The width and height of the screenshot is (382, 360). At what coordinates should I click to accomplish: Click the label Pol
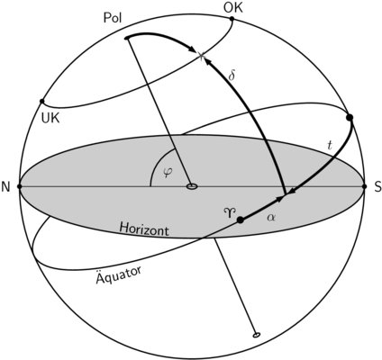tap(113, 18)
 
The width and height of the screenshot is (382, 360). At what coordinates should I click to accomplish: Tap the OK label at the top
tap(233, 8)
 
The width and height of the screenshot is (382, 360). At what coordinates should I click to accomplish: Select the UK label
tap(50, 119)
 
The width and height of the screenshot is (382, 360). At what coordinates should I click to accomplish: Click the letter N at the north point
tap(5, 187)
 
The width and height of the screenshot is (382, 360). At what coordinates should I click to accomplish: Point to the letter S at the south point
tap(377, 187)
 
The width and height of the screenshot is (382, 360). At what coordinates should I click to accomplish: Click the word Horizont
tap(144, 229)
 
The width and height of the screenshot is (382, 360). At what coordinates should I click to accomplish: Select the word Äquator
tap(119, 274)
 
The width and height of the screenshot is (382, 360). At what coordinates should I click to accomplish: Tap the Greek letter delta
tap(232, 76)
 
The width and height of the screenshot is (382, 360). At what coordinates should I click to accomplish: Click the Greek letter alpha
tap(270, 217)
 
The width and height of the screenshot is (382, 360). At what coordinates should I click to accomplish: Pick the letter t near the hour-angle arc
tap(330, 145)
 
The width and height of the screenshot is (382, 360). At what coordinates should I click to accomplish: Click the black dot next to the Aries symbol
tap(241, 220)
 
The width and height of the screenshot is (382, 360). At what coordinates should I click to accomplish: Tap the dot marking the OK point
tap(232, 19)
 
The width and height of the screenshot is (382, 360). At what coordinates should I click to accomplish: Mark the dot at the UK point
tap(41, 102)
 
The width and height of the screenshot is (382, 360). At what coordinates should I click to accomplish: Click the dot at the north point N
tap(20, 186)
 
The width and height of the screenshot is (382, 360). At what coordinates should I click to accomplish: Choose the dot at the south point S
tap(365, 186)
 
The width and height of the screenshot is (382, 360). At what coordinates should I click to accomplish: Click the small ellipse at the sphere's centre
tap(192, 186)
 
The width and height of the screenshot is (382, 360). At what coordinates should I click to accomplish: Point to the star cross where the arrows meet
tap(201, 55)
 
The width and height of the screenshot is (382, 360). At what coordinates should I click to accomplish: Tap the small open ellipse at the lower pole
tap(256, 335)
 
